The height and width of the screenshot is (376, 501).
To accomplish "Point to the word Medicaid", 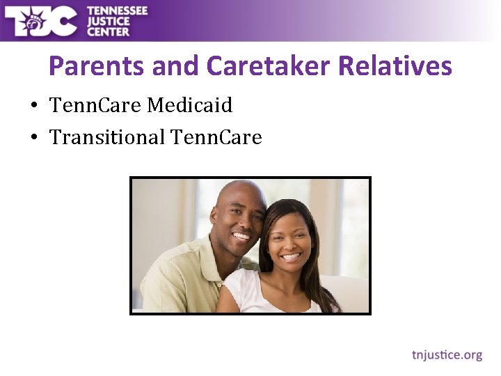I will (x=189, y=106).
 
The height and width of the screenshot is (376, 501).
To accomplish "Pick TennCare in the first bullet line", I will (x=95, y=106).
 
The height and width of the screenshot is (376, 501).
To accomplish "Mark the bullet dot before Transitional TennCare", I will (x=33, y=139).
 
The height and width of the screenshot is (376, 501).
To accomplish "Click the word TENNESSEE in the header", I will (x=116, y=10).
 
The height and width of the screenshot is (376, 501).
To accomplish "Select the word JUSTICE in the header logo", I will (x=109, y=21).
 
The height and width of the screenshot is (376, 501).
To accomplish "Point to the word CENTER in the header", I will (x=108, y=31).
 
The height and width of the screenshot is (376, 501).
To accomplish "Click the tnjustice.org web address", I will (x=447, y=355).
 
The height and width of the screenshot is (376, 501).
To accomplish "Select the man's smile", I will (x=241, y=237).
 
